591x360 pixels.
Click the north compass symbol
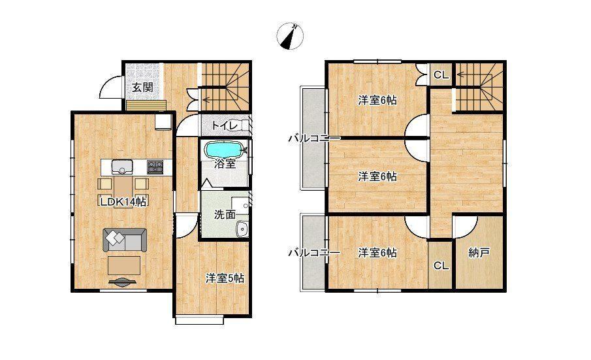point(290,36)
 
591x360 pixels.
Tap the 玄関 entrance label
point(142,88)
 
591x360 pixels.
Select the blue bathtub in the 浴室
point(223,150)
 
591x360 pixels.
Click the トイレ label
point(224,125)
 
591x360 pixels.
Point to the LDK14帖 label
point(123,202)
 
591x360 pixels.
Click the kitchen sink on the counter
point(122,166)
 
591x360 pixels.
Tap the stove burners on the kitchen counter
point(155,166)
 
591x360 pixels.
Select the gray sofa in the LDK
point(125,240)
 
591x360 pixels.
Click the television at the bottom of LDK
point(123,282)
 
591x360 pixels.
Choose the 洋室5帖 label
point(225,278)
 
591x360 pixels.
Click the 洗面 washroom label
point(225,215)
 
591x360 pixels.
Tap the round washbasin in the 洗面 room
point(241,228)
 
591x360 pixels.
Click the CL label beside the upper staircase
point(441,75)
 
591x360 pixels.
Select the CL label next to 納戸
point(441,266)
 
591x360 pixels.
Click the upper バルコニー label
point(314,139)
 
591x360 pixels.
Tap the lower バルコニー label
point(314,253)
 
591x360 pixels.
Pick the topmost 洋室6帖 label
point(377,100)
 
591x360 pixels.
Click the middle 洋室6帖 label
point(377,176)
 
